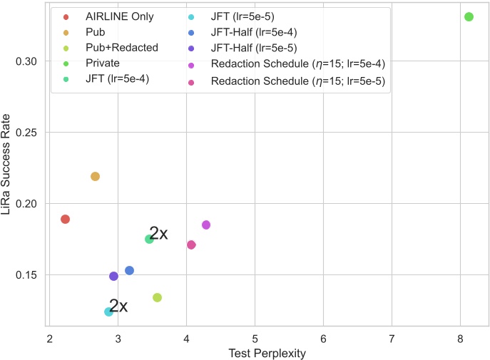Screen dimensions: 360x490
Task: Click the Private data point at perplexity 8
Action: click(469, 16)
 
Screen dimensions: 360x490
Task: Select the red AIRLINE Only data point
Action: click(65, 219)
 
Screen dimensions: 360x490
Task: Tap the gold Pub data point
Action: click(95, 176)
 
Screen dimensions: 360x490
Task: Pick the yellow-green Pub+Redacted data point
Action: click(157, 297)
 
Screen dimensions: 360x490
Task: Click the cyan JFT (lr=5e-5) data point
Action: click(109, 312)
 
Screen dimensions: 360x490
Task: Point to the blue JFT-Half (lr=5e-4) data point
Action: click(129, 270)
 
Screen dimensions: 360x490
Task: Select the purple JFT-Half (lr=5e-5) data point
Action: click(113, 276)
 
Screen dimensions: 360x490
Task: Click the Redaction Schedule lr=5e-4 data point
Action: click(206, 225)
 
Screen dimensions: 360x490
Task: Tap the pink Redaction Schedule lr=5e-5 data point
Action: click(191, 245)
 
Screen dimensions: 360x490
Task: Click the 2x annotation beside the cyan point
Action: click(118, 306)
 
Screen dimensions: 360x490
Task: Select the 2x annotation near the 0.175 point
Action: click(158, 233)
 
